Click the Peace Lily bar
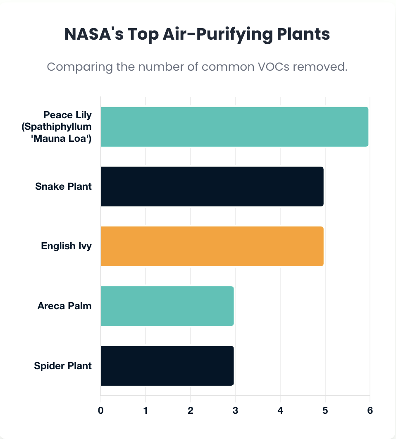[234, 126]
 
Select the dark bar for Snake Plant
[212, 186]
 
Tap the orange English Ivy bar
[212, 246]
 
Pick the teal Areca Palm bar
[167, 306]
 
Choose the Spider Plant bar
[167, 366]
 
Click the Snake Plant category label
[63, 186]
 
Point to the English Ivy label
[66, 246]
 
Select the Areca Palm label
[64, 306]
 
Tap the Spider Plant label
[63, 366]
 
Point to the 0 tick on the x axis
[101, 410]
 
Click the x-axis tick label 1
[146, 410]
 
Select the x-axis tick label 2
[191, 410]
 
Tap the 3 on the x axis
[235, 410]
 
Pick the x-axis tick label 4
[280, 410]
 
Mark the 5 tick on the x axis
[325, 410]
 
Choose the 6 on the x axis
[370, 410]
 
